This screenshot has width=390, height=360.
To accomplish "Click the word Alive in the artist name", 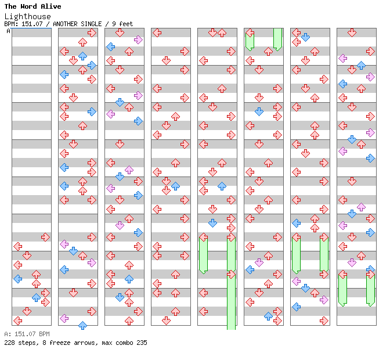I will pyautogui.click(x=50, y=6).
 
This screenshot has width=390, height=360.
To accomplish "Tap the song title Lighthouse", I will pyautogui.click(x=27, y=16).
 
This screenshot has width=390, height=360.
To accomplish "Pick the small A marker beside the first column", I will pyautogui.click(x=8, y=31).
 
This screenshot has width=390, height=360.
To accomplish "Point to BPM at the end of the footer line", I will pyautogui.click(x=44, y=334).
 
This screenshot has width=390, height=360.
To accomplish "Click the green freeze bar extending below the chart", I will pyautogui.click(x=231, y=314).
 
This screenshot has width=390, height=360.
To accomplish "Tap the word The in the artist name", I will pyautogui.click(x=10, y=6).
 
